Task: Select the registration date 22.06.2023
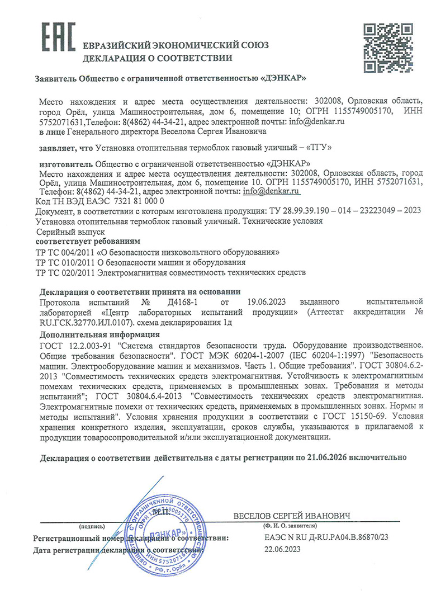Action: (282, 550)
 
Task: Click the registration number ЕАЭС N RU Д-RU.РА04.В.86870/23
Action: (325, 537)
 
